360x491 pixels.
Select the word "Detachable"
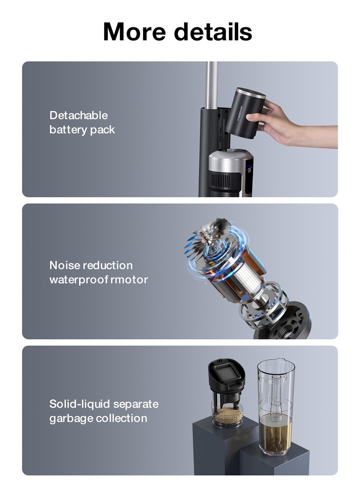(78, 115)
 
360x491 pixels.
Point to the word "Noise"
(64, 265)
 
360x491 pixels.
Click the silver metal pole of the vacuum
(212, 85)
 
